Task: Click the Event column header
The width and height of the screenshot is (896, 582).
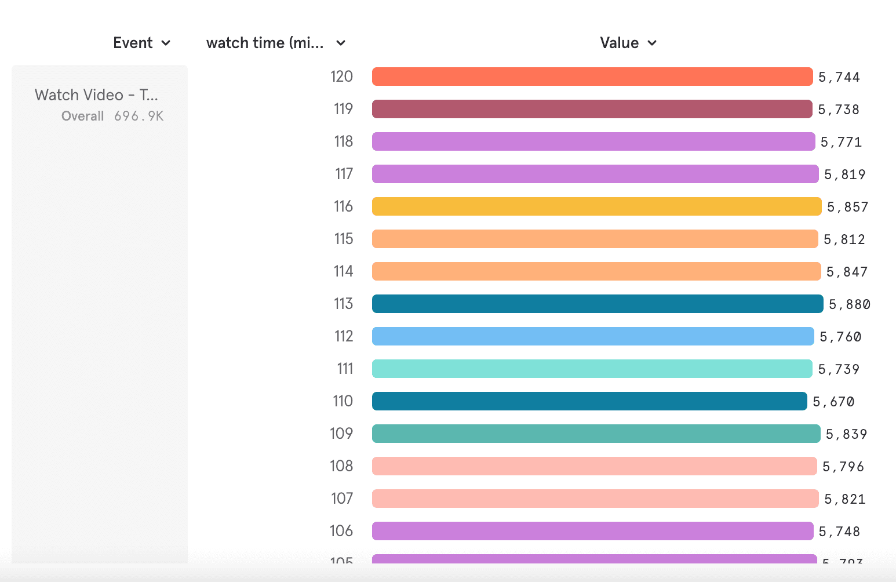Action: coord(133,43)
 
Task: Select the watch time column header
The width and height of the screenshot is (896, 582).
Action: coord(265,43)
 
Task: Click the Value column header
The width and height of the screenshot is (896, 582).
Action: coord(619,43)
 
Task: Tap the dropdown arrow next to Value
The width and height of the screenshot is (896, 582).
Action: coord(652,43)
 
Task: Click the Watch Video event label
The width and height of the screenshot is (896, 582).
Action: coord(96,95)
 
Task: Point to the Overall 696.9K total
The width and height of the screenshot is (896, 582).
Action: coord(112,116)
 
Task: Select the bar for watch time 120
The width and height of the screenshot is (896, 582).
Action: coord(592,77)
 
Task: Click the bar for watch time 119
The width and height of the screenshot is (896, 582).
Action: coord(592,109)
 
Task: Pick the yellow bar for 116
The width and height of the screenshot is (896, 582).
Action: coord(596,206)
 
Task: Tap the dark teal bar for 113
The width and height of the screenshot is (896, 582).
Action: coord(598,304)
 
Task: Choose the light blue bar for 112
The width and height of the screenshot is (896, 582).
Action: coord(593,336)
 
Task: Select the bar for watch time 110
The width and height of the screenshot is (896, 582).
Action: coord(589,401)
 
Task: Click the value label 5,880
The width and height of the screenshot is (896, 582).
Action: coord(850,304)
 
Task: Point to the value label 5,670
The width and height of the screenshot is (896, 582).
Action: coord(833,402)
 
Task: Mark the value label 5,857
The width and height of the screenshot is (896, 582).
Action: coord(847,207)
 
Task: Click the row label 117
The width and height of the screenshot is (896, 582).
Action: coord(344,174)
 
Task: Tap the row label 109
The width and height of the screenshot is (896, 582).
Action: coord(341,434)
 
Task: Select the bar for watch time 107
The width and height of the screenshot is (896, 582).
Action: coord(595,499)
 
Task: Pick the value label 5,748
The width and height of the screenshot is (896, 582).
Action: coord(839,532)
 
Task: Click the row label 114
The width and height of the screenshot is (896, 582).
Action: coord(343,271)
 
